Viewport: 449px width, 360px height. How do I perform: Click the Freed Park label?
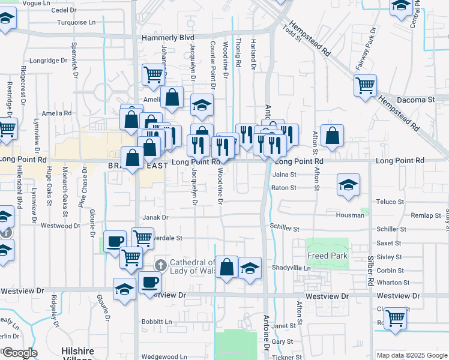(328, 256)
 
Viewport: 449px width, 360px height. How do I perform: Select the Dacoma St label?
(414, 98)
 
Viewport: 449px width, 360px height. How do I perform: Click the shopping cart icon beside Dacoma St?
(365, 86)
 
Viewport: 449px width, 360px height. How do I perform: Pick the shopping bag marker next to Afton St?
(332, 136)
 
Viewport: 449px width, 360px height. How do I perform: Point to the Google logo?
(20, 353)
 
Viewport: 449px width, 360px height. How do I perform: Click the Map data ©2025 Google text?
(412, 355)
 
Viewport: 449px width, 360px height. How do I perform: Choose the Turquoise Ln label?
(76, 22)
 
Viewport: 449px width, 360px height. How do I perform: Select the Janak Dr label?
(155, 218)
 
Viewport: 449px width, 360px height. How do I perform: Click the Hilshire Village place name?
(77, 354)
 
